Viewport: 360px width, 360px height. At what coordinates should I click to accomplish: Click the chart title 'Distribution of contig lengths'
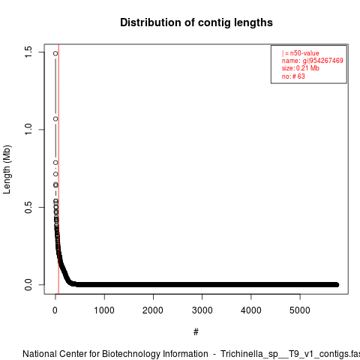196,22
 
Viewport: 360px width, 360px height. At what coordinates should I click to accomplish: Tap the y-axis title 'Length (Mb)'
7,169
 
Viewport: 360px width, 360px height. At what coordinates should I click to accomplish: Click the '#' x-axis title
196,331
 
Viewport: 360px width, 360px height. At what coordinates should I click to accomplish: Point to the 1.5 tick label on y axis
28,52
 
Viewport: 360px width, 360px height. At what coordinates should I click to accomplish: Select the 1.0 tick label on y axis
28,130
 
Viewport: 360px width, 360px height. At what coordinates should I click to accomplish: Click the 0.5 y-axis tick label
28,207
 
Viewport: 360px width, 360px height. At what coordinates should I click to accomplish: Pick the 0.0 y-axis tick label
28,285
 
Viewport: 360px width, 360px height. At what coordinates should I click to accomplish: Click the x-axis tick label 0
55,310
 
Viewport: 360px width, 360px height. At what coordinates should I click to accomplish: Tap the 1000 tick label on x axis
104,310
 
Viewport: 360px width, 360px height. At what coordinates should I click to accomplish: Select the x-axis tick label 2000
153,310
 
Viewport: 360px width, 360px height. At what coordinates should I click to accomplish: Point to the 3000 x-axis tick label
202,310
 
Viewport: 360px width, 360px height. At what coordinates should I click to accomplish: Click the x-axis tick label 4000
251,310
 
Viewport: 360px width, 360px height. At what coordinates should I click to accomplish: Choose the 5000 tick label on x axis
300,310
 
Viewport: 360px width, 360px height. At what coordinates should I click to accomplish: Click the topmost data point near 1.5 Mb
55,53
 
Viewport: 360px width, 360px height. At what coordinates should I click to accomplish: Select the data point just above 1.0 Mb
55,118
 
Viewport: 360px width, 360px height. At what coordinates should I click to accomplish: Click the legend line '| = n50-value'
301,53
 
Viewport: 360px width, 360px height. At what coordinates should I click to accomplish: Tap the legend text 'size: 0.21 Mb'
301,68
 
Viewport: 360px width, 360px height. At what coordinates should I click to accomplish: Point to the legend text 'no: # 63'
293,76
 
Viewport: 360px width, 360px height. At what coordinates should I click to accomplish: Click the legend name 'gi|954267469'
322,61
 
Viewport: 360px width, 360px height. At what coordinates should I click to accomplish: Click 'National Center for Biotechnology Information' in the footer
115,354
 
